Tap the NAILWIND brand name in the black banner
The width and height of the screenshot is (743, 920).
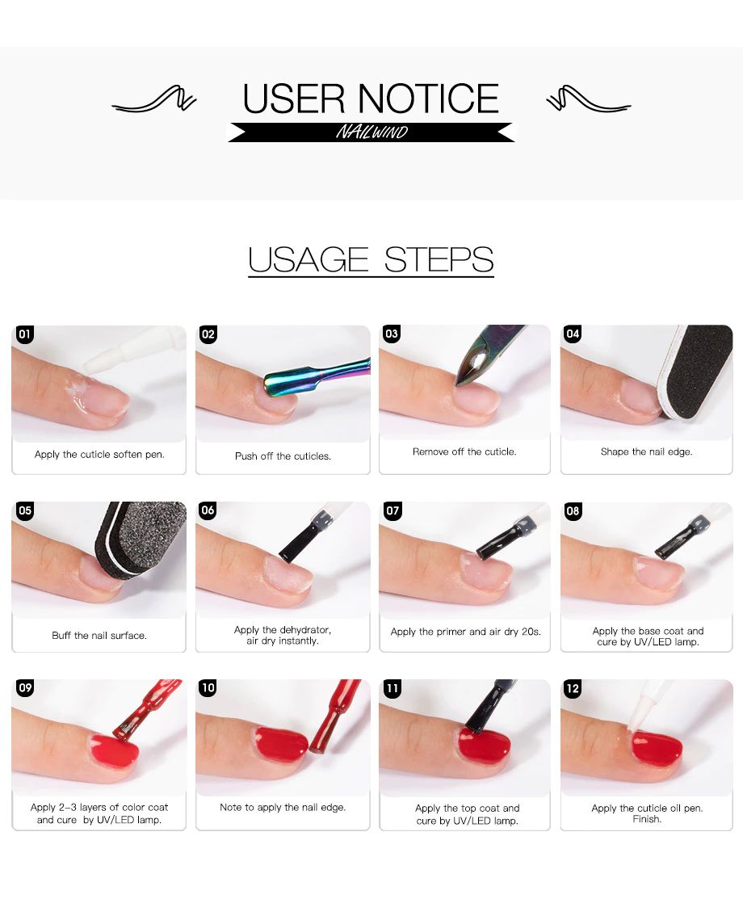tap(371, 132)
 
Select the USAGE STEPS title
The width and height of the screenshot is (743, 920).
tap(371, 259)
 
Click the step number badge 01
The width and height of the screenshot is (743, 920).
tap(24, 334)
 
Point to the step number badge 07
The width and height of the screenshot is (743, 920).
tap(392, 510)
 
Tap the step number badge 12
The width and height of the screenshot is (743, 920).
tap(573, 687)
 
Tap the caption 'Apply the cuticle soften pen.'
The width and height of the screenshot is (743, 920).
tap(99, 455)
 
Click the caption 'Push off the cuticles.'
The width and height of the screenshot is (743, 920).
tap(283, 456)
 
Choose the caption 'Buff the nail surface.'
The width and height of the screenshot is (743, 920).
tap(99, 636)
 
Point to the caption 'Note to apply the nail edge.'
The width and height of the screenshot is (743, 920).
tap(283, 808)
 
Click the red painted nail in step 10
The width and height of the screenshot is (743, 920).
tap(281, 742)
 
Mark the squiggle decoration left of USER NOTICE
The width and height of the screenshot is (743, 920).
tap(153, 99)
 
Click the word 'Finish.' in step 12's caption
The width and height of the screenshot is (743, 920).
tap(647, 819)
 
